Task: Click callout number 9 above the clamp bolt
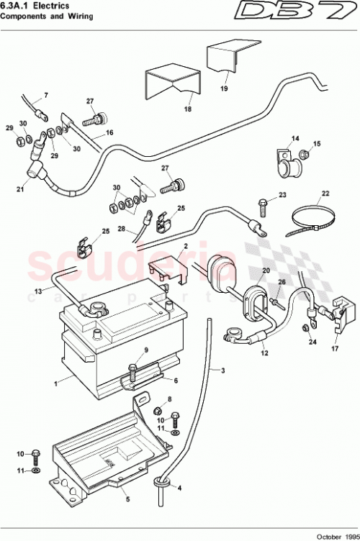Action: click(146, 350)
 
